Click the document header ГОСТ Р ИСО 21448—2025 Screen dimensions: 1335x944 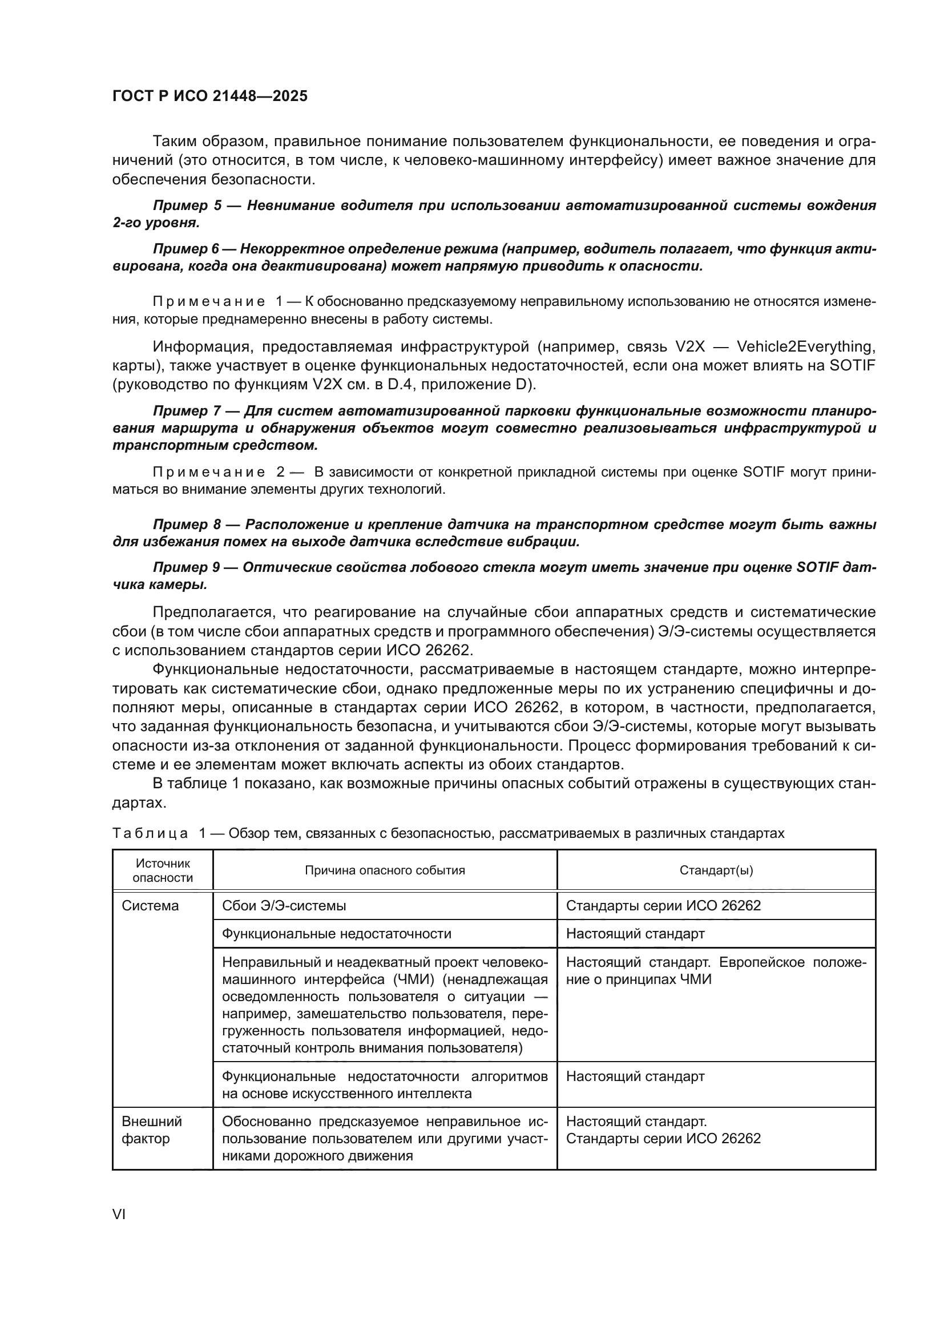coord(209,96)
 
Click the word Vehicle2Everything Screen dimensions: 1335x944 coord(806,346)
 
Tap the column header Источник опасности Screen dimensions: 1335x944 coord(163,870)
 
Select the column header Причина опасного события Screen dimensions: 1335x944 coord(385,870)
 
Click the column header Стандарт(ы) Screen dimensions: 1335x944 coord(716,870)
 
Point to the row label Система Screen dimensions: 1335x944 coord(150,906)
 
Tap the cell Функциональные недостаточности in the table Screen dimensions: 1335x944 coord(337,934)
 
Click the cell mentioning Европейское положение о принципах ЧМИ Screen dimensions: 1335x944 coord(716,970)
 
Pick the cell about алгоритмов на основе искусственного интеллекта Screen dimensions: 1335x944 coord(385,1085)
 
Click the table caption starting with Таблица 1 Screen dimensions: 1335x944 coord(447,833)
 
